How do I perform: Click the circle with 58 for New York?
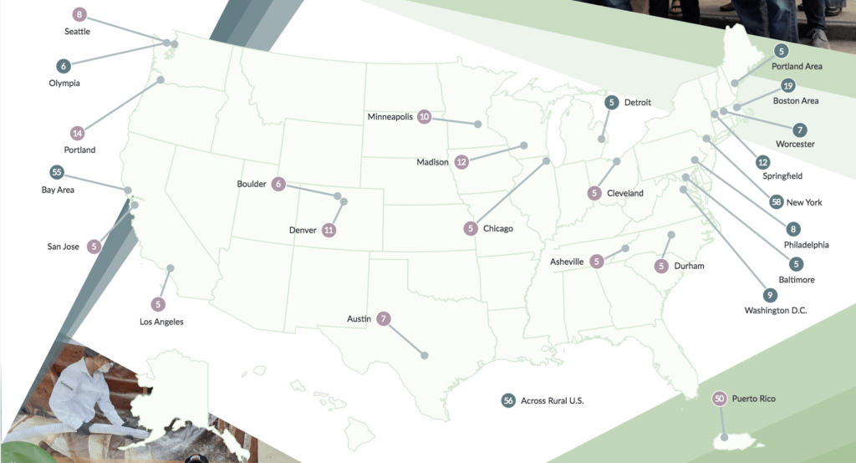click(x=777, y=202)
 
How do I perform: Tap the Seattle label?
click(x=77, y=32)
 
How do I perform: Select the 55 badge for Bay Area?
click(x=57, y=173)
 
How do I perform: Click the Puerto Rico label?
click(x=753, y=399)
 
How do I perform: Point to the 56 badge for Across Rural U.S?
click(x=507, y=401)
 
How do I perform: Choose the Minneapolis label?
click(x=390, y=117)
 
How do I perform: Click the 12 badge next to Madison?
click(x=461, y=162)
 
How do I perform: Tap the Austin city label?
click(x=359, y=318)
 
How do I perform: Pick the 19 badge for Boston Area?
click(x=787, y=85)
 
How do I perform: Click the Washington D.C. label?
click(x=776, y=311)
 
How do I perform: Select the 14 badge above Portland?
click(x=78, y=133)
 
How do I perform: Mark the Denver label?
click(x=303, y=230)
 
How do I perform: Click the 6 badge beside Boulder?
click(x=279, y=184)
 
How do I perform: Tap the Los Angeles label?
click(x=161, y=322)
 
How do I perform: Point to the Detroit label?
click(x=637, y=103)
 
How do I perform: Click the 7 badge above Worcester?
click(x=800, y=130)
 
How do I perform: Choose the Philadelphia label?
click(x=806, y=245)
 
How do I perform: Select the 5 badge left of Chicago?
click(x=471, y=228)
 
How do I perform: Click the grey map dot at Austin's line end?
click(x=425, y=356)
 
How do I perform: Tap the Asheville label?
click(x=567, y=262)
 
